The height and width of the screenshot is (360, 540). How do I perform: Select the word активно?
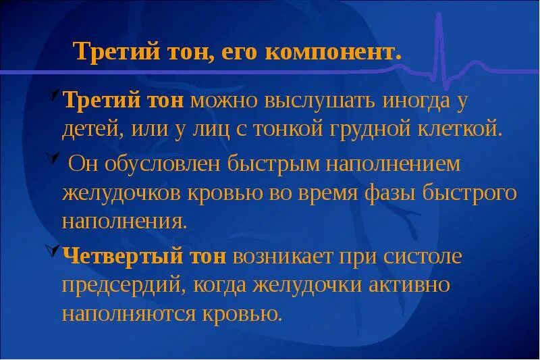(409, 285)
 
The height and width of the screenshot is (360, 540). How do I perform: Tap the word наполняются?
(126, 313)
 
